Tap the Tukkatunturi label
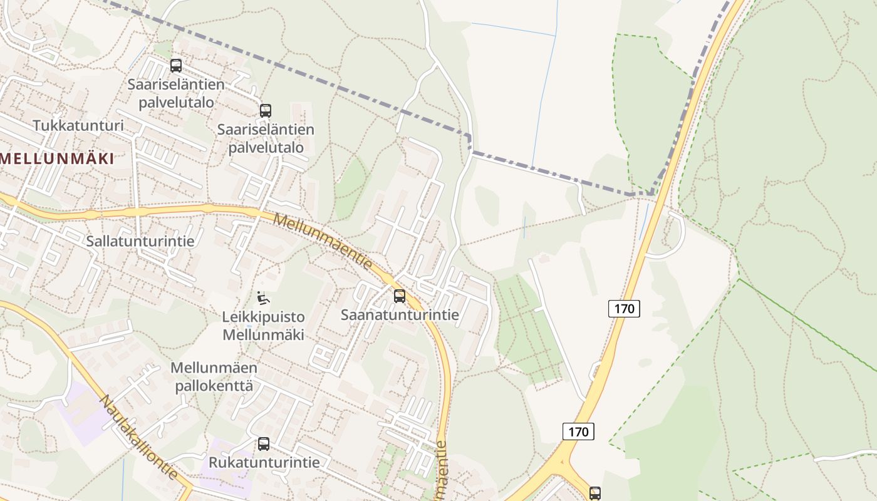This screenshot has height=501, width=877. [78, 125]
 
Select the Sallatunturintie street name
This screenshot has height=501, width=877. [140, 240]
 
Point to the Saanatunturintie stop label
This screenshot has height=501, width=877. [400, 314]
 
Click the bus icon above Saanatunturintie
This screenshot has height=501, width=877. [400, 296]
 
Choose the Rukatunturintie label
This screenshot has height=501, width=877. [264, 462]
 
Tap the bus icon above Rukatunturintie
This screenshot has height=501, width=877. [264, 444]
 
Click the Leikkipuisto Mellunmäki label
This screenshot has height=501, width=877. [263, 326]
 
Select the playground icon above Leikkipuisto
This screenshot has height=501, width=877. [263, 297]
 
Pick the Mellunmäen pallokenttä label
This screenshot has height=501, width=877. [214, 376]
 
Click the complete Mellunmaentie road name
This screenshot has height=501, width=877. [323, 242]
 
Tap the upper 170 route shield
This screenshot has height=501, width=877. [624, 308]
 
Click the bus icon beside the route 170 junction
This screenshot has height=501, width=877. [594, 493]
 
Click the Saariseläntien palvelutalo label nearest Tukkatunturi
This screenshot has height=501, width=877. [170, 93]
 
